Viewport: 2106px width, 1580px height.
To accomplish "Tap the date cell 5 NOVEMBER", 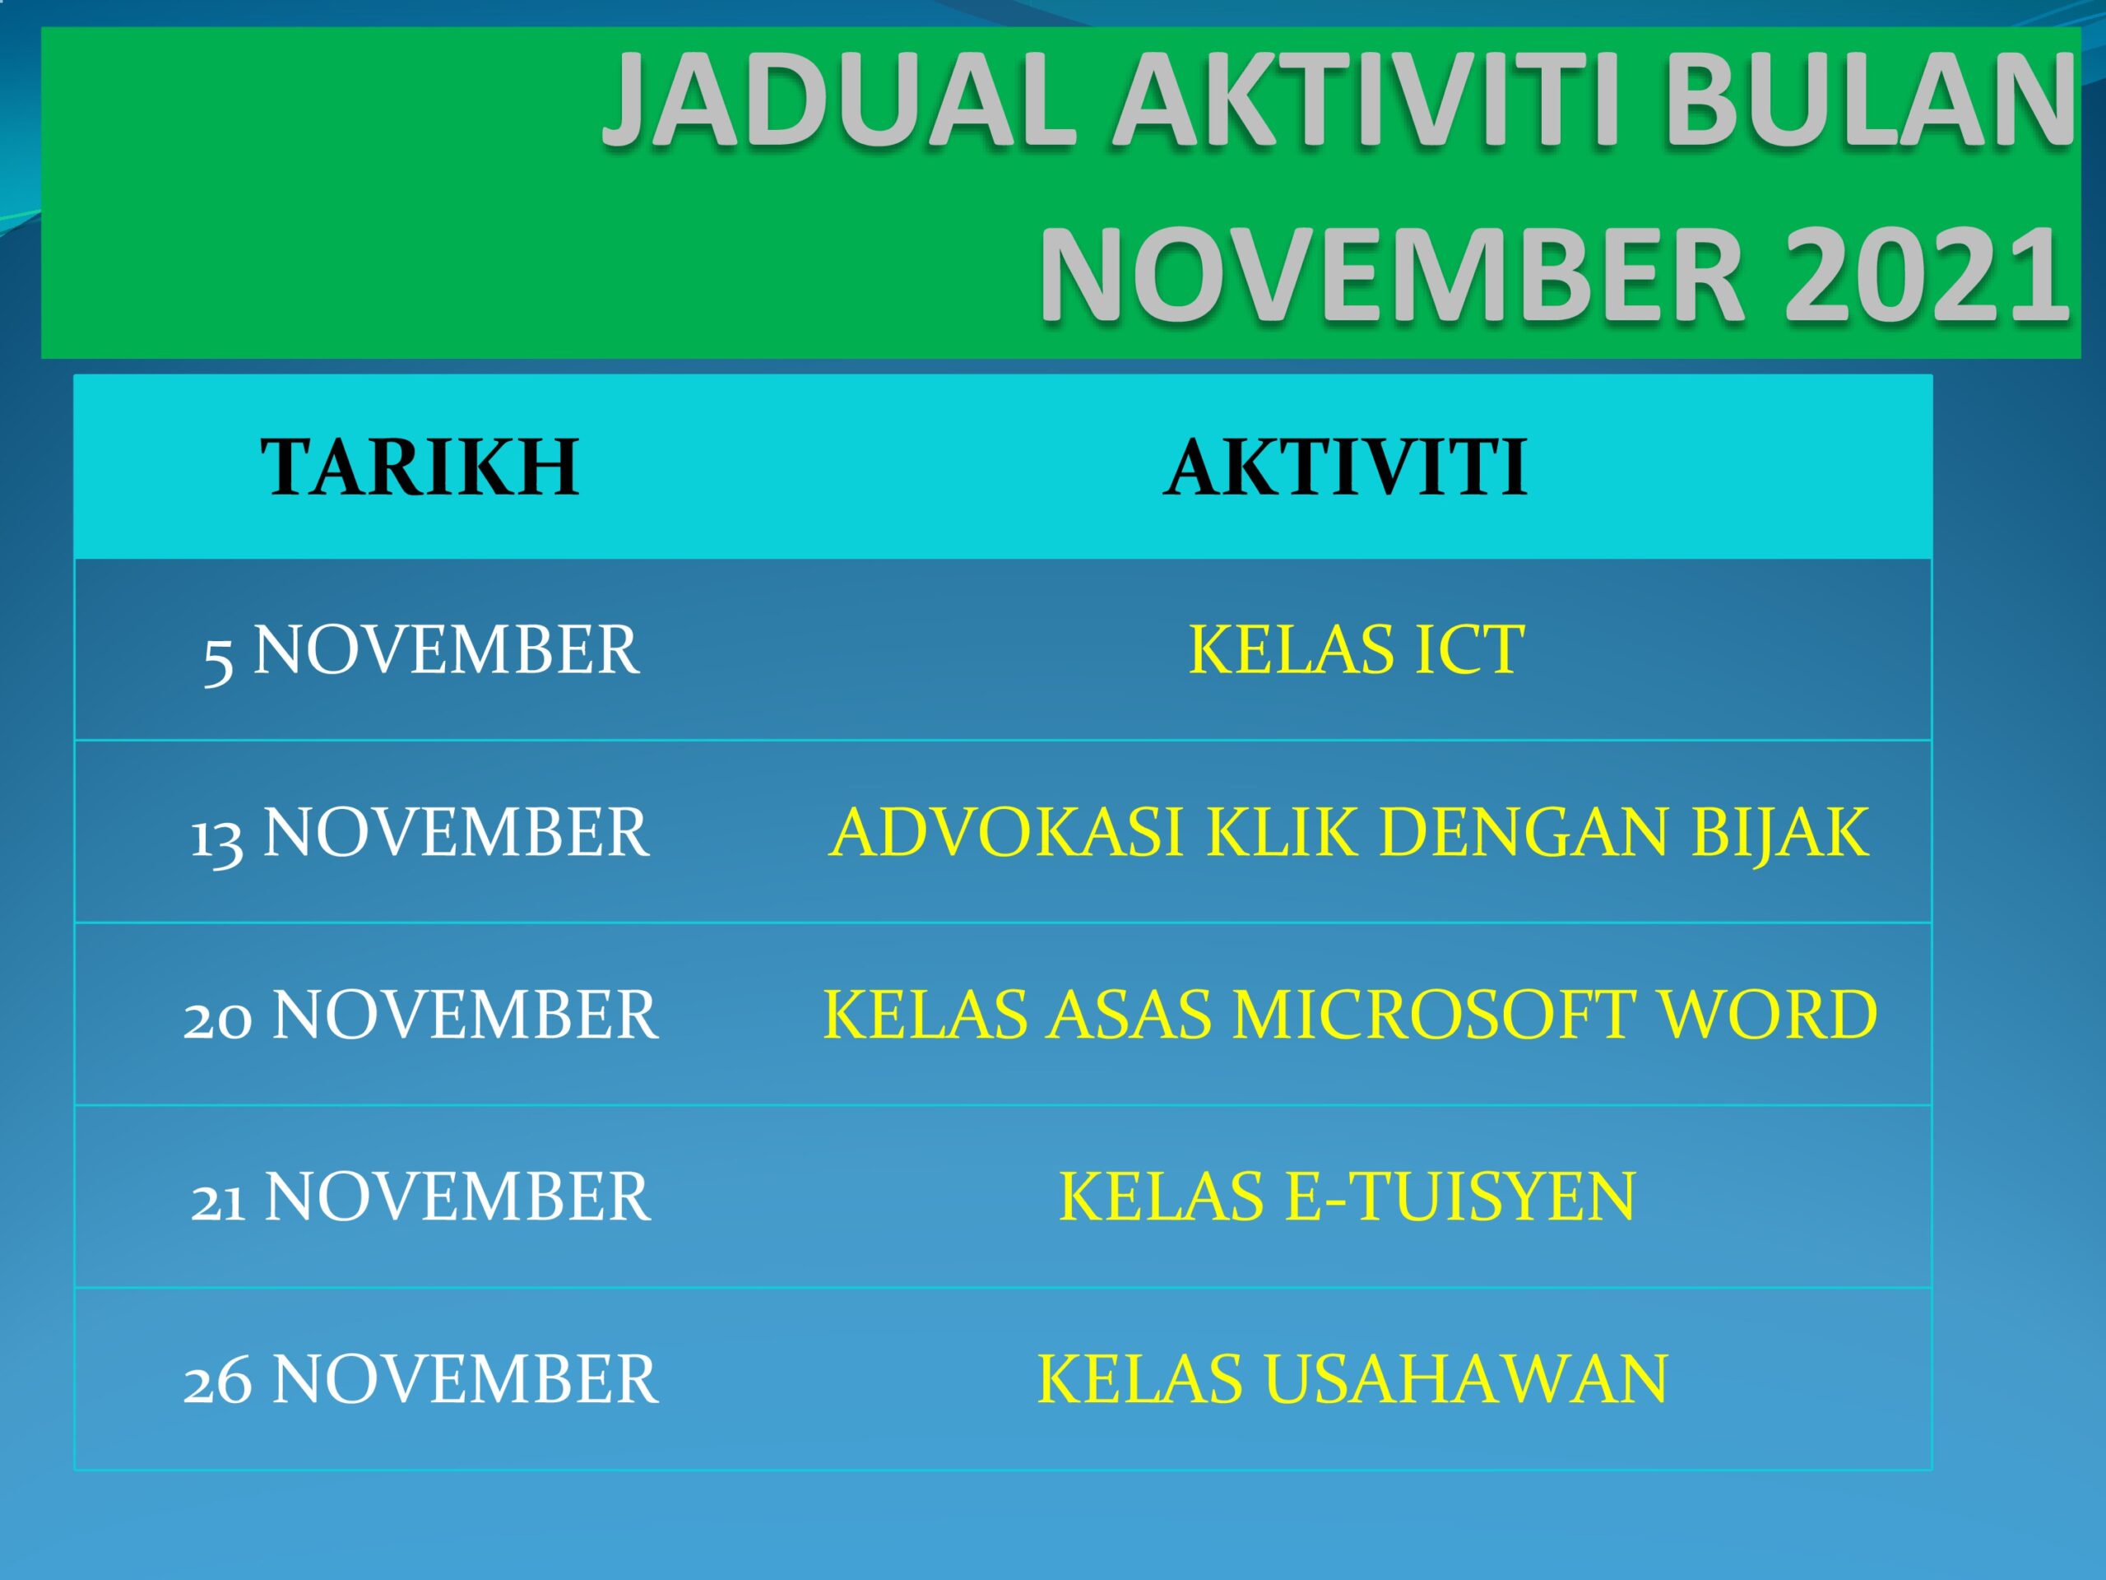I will click(x=420, y=650).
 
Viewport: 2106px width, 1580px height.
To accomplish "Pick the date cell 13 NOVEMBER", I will click(x=420, y=833).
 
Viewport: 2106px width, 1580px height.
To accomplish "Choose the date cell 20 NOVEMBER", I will click(x=420, y=1015).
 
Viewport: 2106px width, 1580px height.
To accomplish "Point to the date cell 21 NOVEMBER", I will click(x=420, y=1197).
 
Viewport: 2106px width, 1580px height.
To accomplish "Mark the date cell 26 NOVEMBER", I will click(x=420, y=1378).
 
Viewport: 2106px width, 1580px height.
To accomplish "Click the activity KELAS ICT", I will click(x=1356, y=650).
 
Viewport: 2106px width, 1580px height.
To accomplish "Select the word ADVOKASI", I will click(x=1005, y=833).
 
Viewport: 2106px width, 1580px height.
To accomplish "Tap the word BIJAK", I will click(x=1779, y=833).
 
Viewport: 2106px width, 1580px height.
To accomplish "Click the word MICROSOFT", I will click(x=1434, y=1015).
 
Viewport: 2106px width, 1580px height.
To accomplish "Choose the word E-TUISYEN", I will click(x=1460, y=1197).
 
